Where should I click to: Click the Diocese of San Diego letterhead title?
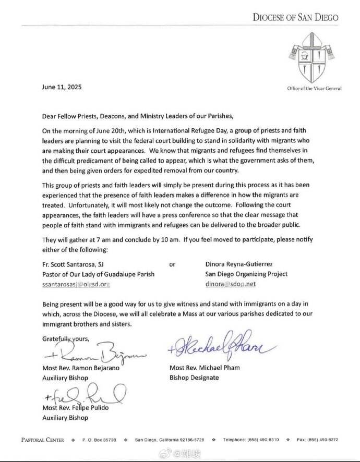click(295, 17)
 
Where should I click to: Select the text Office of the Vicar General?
click(314, 88)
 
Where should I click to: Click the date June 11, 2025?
click(62, 87)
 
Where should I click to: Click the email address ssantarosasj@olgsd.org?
click(77, 285)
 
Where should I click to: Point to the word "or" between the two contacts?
click(173, 264)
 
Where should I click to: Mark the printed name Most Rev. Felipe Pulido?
click(76, 407)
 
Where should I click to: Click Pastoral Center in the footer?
click(43, 440)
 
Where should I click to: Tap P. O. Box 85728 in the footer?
click(99, 440)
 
